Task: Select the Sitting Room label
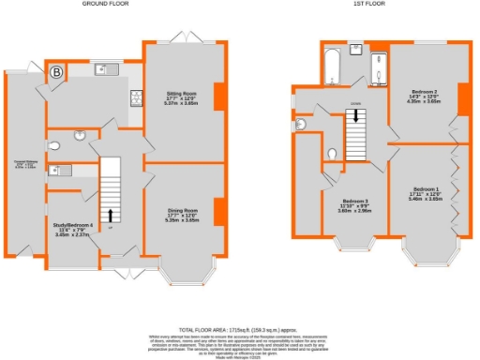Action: (183, 96)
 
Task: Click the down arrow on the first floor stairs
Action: (356, 116)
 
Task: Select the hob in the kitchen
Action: (134, 97)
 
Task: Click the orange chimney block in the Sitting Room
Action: (219, 97)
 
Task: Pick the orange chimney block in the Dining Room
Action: (219, 212)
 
